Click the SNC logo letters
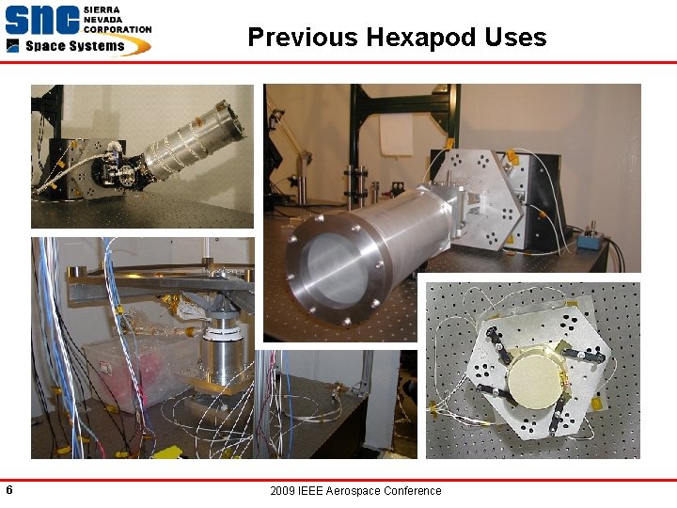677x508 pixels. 41,22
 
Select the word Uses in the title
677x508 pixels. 516,38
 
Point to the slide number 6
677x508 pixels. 8,490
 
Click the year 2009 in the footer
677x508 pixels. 282,491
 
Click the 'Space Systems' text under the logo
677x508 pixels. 75,46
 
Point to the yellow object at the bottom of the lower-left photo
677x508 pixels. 166,452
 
